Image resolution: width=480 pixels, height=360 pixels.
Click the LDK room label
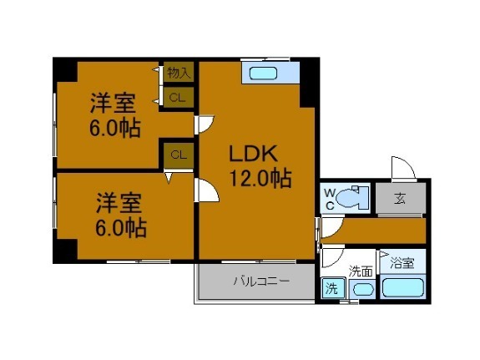tap(255, 155)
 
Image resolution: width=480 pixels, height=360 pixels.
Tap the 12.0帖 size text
tap(260, 178)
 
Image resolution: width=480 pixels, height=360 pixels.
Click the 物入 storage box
tap(179, 74)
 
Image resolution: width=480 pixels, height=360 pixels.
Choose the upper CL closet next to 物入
tap(178, 98)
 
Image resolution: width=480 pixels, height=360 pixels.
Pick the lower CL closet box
tap(178, 154)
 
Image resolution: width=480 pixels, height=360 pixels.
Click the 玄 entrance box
tap(400, 198)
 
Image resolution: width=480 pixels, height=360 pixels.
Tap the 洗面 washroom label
tap(361, 270)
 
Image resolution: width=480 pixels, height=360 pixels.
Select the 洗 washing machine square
tap(330, 288)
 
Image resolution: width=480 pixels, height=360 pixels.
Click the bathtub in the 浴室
tap(402, 288)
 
